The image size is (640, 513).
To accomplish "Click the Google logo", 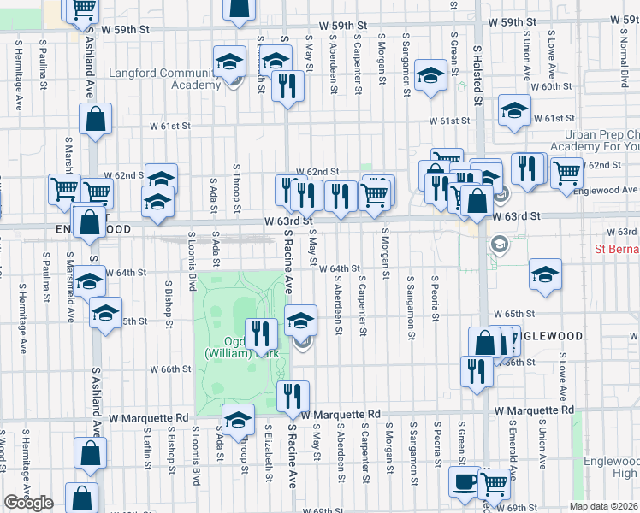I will point(28,503).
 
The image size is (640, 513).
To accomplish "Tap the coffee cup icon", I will point(465,481).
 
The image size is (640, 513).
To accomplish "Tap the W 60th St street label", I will point(551,87).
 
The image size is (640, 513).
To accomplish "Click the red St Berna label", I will point(617,250).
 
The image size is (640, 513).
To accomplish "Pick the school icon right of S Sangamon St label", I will point(429,75).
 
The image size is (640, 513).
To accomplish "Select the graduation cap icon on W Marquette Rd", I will point(238,420).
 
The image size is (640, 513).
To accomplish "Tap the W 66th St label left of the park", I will point(169,370).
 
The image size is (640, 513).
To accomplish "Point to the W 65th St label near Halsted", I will point(519,314).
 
